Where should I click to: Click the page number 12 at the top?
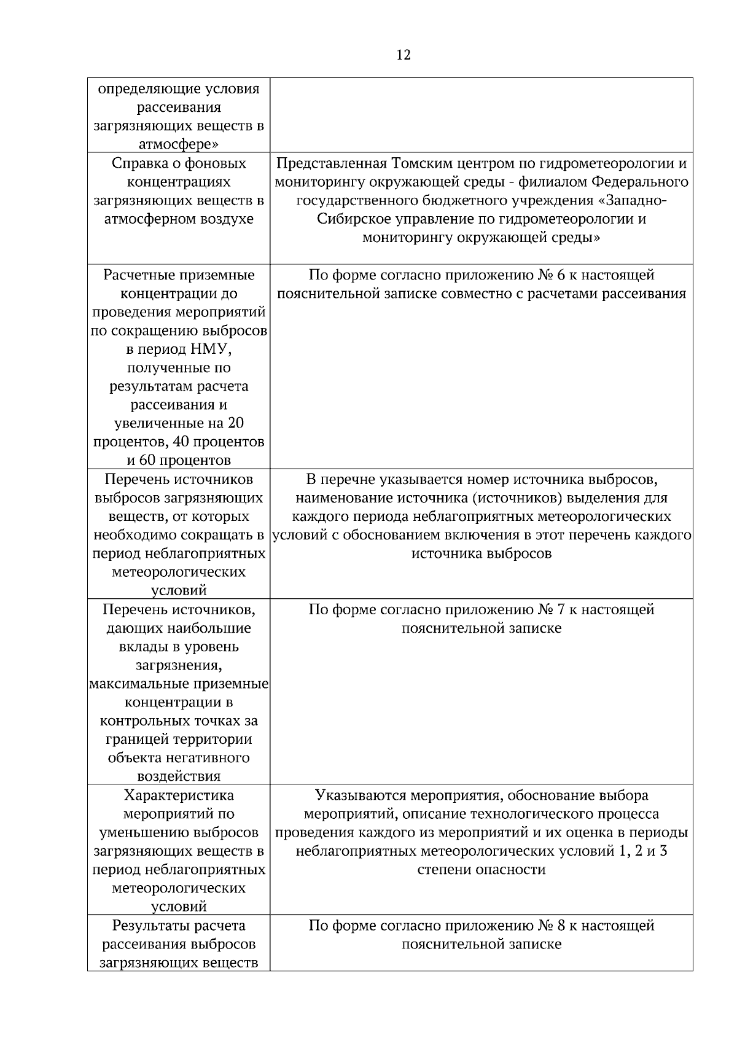[404, 55]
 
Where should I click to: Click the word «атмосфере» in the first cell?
[179, 145]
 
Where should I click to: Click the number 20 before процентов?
[236, 424]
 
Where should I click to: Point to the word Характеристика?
[179, 796]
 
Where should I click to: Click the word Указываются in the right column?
[355, 796]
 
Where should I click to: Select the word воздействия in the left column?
[179, 777]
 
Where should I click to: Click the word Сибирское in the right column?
[349, 219]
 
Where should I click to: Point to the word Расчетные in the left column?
[138, 275]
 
